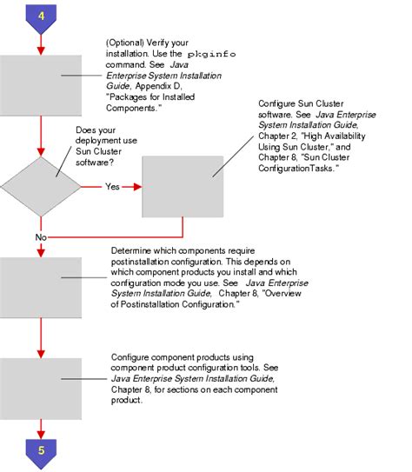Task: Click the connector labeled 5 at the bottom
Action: tap(40, 451)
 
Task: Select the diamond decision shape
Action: tap(40, 186)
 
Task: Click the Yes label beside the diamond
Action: tap(112, 186)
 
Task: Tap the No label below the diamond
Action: tap(40, 236)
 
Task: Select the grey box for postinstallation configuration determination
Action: tap(40, 288)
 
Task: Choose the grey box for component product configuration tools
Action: tap(40, 387)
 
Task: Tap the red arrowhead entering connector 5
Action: tap(40, 430)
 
